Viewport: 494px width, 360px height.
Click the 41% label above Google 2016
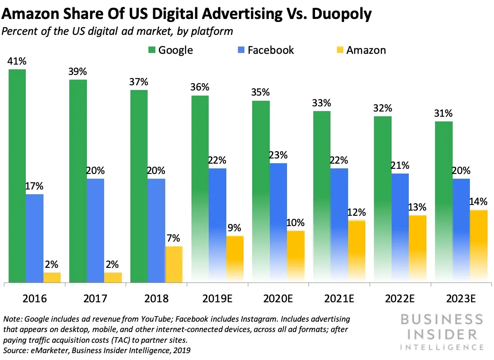point(16,61)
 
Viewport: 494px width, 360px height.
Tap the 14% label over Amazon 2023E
point(478,202)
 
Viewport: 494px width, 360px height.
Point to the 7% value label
point(173,238)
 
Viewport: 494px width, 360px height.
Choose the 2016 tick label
point(35,298)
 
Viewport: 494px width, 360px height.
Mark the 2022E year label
point(400,298)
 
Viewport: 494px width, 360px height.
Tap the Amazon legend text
point(366,50)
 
